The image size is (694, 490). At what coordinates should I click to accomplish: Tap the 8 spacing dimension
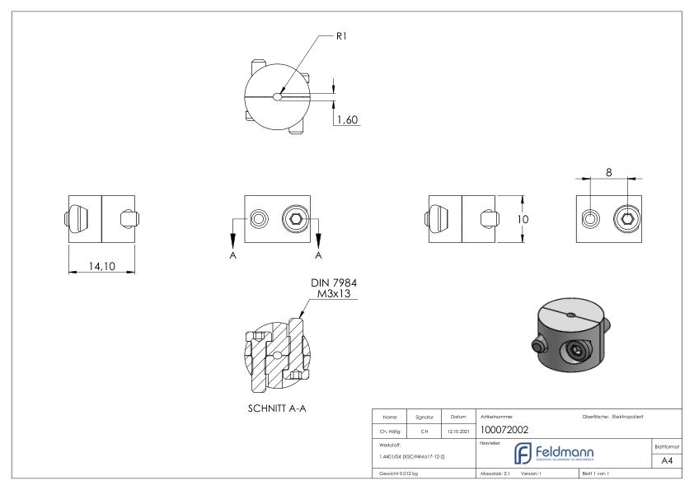[x=608, y=171]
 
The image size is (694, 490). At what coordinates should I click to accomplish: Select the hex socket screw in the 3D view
[x=574, y=353]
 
